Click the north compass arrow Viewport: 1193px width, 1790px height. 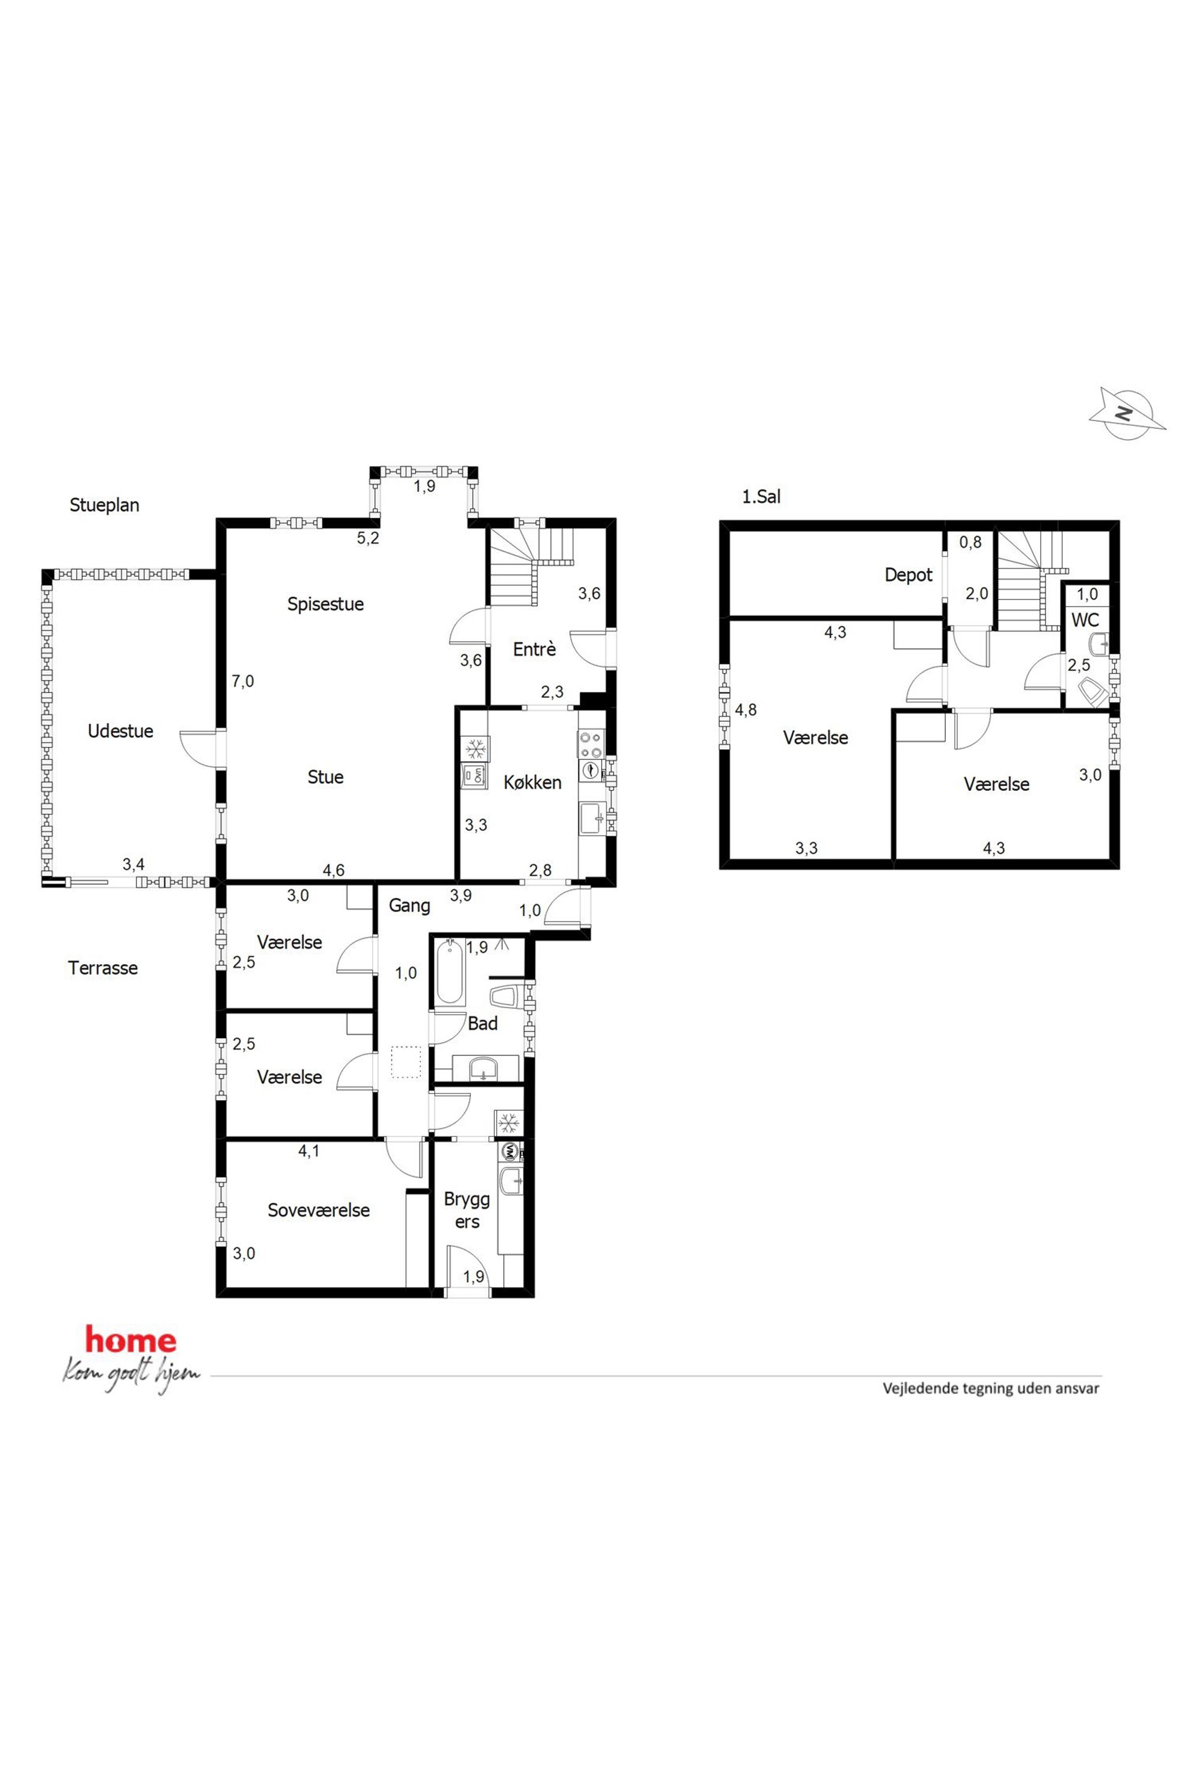[1127, 413]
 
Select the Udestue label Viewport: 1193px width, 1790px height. [120, 731]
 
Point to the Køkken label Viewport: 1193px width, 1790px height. [533, 783]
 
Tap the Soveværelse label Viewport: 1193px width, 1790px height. [319, 1210]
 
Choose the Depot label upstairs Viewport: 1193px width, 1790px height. [909, 576]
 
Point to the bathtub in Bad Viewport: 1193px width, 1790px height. [450, 973]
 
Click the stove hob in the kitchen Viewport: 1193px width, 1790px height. [591, 745]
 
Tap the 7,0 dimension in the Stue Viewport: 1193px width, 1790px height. [243, 682]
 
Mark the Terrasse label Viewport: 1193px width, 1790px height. [103, 968]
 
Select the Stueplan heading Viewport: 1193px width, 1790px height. [104, 505]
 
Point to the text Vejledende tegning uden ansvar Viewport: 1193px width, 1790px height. [990, 1388]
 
